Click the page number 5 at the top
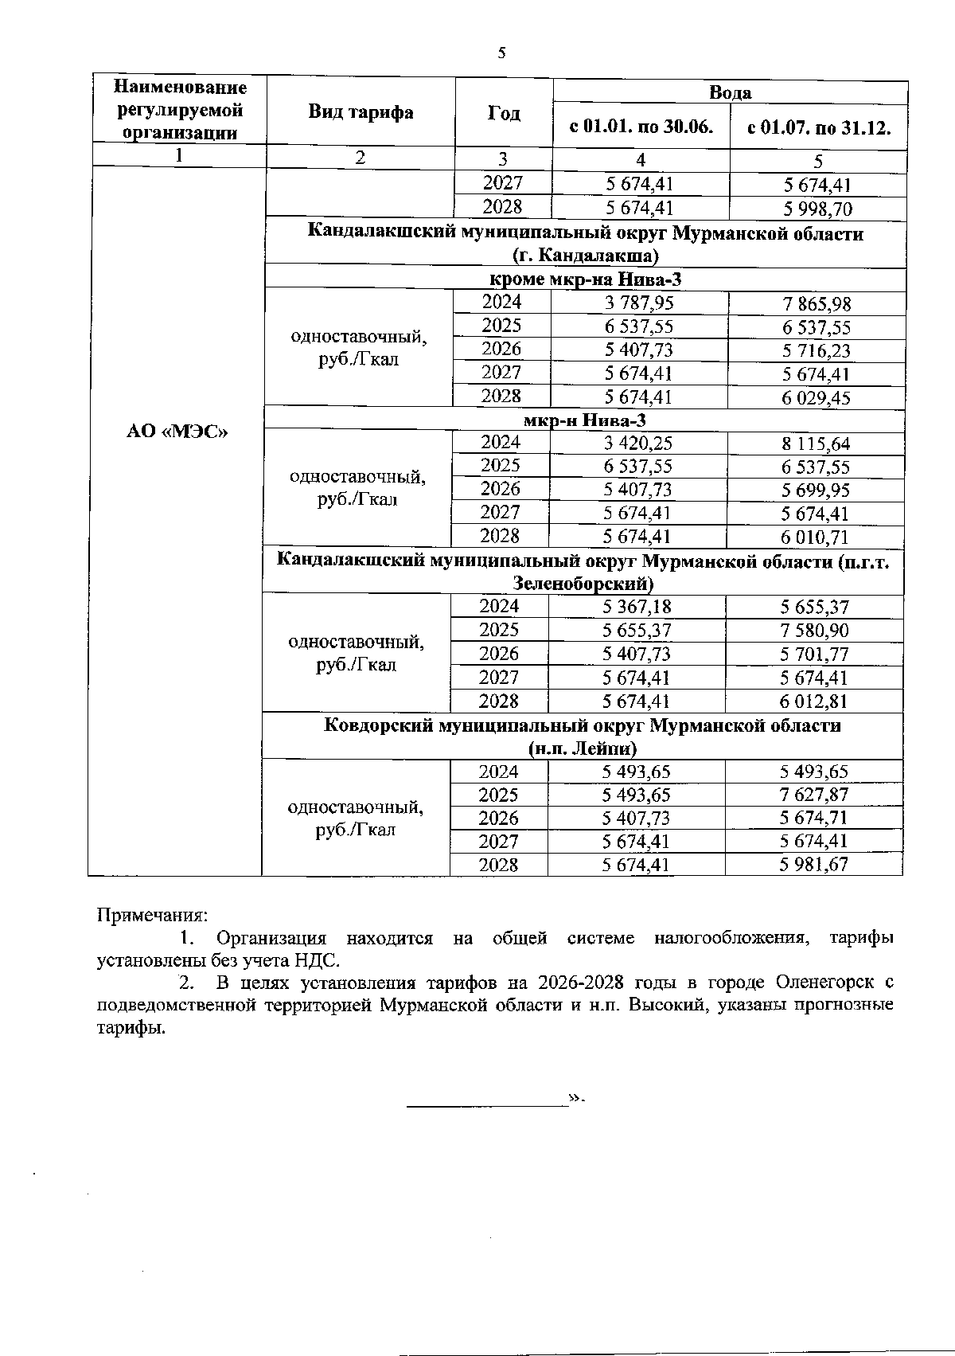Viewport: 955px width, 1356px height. (501, 53)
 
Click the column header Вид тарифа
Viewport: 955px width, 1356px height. (361, 112)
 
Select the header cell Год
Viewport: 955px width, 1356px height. (504, 113)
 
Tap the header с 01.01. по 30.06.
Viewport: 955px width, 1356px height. (641, 127)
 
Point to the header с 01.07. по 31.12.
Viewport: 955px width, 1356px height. (818, 127)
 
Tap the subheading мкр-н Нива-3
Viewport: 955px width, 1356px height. (583, 420)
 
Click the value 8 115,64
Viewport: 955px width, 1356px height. (816, 444)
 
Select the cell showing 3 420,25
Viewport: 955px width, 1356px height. (638, 444)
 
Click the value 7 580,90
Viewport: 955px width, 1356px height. (814, 631)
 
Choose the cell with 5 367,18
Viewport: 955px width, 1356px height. (637, 607)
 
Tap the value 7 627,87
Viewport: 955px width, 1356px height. (814, 795)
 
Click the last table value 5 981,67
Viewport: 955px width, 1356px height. (814, 865)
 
